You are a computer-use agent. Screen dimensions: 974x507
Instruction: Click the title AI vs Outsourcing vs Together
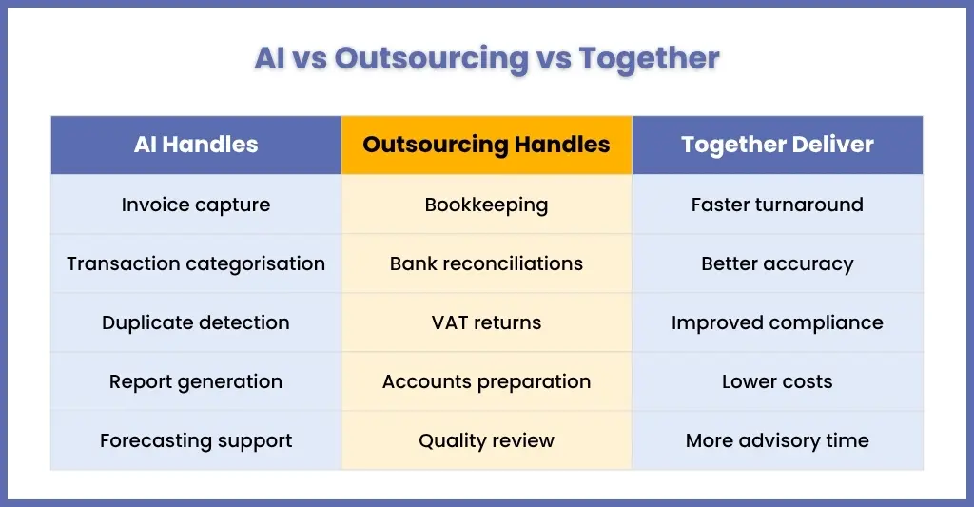click(487, 59)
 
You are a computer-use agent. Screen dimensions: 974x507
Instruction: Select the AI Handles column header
click(196, 145)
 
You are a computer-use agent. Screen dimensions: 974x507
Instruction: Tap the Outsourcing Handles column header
click(486, 145)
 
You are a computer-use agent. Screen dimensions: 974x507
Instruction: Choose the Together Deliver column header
click(778, 145)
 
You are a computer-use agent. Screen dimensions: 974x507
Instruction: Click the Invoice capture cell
click(196, 205)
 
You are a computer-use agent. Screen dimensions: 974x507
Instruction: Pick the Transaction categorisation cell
click(196, 263)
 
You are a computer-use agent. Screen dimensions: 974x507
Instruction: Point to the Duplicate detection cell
click(196, 322)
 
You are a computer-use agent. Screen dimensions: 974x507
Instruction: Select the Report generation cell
click(196, 381)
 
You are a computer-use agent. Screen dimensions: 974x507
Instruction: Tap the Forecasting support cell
click(196, 440)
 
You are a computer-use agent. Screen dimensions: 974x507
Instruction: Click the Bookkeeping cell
click(486, 205)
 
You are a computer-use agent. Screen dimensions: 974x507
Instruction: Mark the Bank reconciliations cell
click(486, 263)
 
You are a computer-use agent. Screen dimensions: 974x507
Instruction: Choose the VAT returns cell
click(486, 322)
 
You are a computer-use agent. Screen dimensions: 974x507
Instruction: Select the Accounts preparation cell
click(486, 381)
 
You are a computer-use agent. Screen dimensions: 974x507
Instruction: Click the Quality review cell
click(486, 440)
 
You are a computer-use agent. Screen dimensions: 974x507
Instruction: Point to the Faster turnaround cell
click(778, 205)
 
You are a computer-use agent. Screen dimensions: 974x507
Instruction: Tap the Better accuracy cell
click(778, 263)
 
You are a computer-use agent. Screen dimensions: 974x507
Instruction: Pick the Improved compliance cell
click(778, 322)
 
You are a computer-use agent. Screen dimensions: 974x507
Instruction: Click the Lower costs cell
click(778, 381)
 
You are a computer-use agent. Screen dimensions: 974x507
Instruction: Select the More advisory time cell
click(778, 440)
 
